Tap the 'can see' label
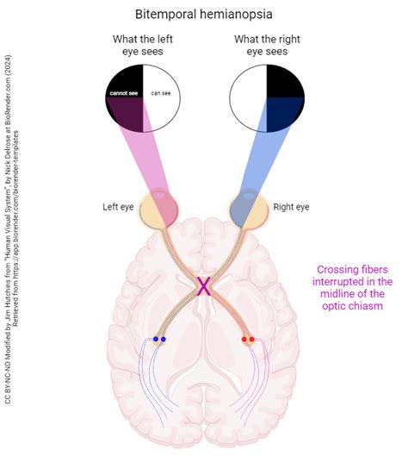161,92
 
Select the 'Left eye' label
119,207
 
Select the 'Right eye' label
290,207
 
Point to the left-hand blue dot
155,339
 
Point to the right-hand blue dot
164,339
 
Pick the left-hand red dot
244,339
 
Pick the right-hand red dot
252,339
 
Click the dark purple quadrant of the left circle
125,114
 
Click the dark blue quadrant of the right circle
284,114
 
